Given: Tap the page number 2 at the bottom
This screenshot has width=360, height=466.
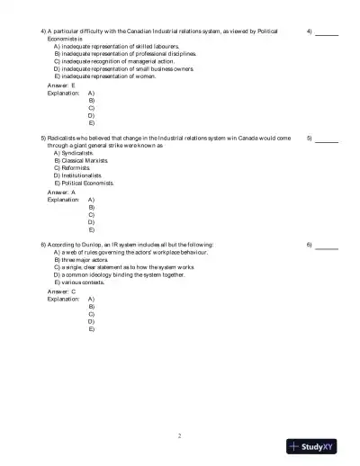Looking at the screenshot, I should [x=179, y=435].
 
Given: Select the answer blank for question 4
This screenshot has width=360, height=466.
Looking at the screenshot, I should [x=327, y=32].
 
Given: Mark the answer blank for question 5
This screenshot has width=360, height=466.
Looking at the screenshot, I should [x=327, y=139].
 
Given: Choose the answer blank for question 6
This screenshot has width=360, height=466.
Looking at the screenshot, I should [x=327, y=246].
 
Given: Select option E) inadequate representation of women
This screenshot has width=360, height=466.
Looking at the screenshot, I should [x=104, y=76].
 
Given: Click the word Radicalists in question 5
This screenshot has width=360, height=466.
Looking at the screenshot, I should [x=63, y=139].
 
